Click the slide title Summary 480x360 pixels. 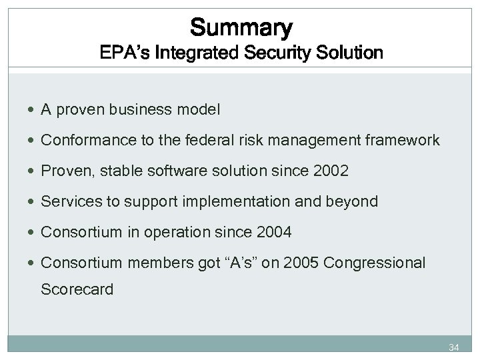tap(241, 27)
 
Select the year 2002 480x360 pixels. tap(330, 171)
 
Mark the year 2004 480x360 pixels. tap(273, 232)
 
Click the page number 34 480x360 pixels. tap(455, 347)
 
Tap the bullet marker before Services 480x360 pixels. tap(33, 201)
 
